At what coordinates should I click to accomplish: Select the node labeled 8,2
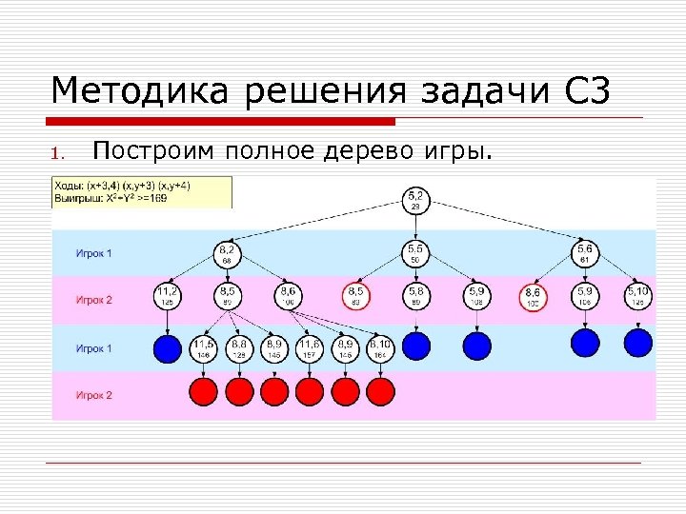coord(229,252)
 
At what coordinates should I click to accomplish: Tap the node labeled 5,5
coord(416,252)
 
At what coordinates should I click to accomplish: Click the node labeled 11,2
coord(168,296)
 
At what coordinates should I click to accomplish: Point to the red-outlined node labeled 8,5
coord(355,296)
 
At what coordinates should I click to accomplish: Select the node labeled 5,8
coord(416,296)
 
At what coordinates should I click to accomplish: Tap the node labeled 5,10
coord(637,296)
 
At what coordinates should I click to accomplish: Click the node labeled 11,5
coord(203,347)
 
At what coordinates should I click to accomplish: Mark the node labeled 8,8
coord(239,347)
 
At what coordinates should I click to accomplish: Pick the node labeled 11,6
coord(309,347)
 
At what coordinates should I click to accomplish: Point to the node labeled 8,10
coord(380,347)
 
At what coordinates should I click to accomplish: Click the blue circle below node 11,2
coord(168,348)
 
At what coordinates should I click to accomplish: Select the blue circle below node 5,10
coord(637,343)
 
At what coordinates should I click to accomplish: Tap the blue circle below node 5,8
coord(416,345)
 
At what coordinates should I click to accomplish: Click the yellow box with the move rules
coord(142,191)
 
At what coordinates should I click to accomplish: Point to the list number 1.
coord(57,153)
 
